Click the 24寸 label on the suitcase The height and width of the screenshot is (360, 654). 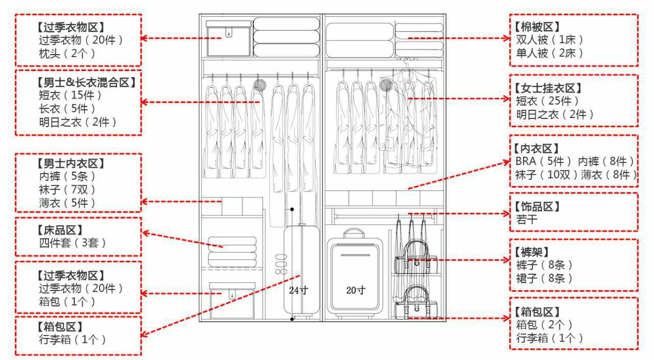(x=298, y=291)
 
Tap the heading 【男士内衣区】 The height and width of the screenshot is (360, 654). (x=71, y=163)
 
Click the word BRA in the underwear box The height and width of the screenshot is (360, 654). (x=526, y=162)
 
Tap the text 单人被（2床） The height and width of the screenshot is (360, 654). (x=549, y=53)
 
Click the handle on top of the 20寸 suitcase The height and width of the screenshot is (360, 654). (x=353, y=233)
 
